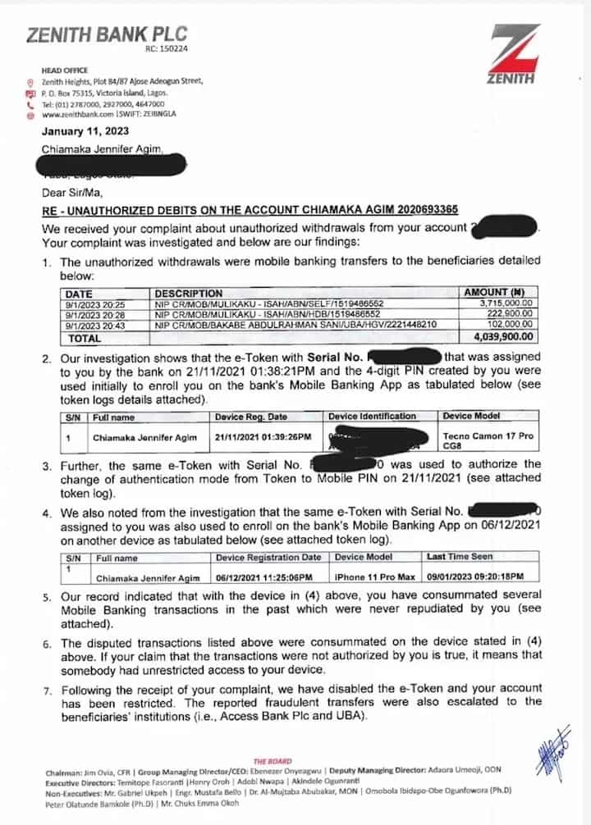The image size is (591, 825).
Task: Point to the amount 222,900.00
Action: (x=514, y=314)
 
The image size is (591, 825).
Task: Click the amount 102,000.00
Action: (x=514, y=325)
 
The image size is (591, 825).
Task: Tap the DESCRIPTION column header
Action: (x=189, y=293)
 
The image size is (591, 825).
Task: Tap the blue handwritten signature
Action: (x=551, y=751)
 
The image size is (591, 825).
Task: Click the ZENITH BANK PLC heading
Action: (x=107, y=34)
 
